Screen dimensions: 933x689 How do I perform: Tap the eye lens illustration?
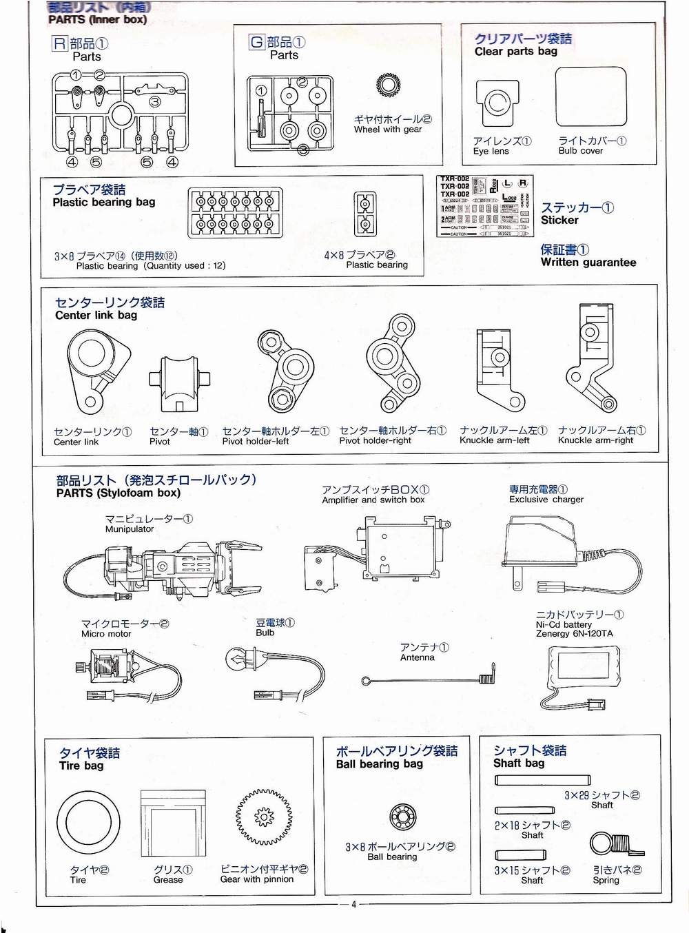tap(496, 103)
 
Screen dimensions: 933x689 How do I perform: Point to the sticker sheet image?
tap(484, 206)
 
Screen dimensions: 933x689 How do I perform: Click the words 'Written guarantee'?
tap(588, 263)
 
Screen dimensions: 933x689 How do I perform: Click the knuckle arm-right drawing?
tap(592, 358)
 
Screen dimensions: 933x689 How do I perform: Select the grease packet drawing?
tap(172, 824)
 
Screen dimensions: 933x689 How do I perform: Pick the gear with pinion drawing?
tap(265, 817)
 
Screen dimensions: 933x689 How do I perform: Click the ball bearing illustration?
tap(403, 817)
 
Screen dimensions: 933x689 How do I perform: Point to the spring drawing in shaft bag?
tap(615, 845)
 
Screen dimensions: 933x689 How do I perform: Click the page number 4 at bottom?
tap(353, 904)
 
